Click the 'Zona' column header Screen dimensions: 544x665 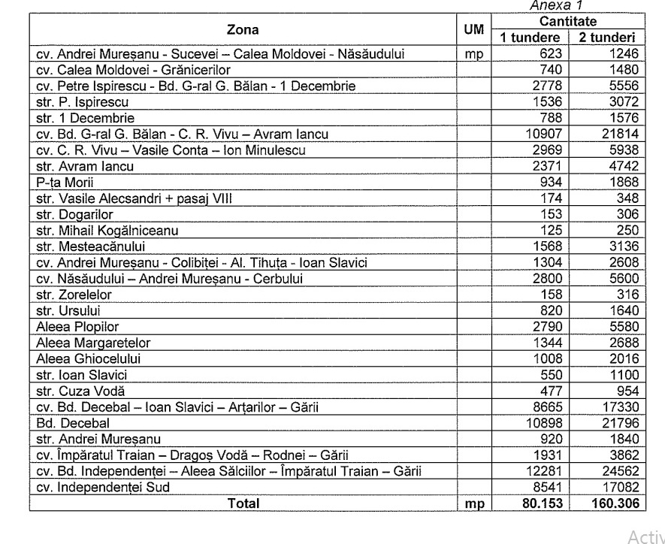pyautogui.click(x=242, y=30)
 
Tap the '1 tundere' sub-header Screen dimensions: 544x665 pyautogui.click(x=530, y=38)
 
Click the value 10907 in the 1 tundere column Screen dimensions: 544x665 pyautogui.click(x=543, y=134)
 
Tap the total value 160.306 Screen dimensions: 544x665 pyautogui.click(x=611, y=503)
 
